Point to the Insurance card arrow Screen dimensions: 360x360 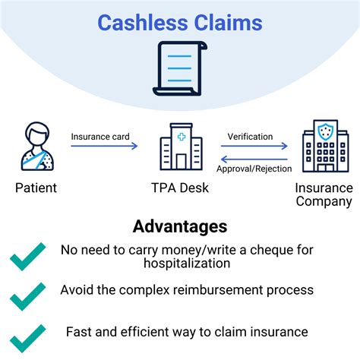[x=105, y=146]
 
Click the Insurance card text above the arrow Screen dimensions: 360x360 [x=100, y=137]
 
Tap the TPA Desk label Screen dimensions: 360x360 [x=179, y=188]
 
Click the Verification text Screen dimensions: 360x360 [x=250, y=137]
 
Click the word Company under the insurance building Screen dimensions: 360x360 [x=324, y=201]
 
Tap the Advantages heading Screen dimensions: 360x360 [x=179, y=226]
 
